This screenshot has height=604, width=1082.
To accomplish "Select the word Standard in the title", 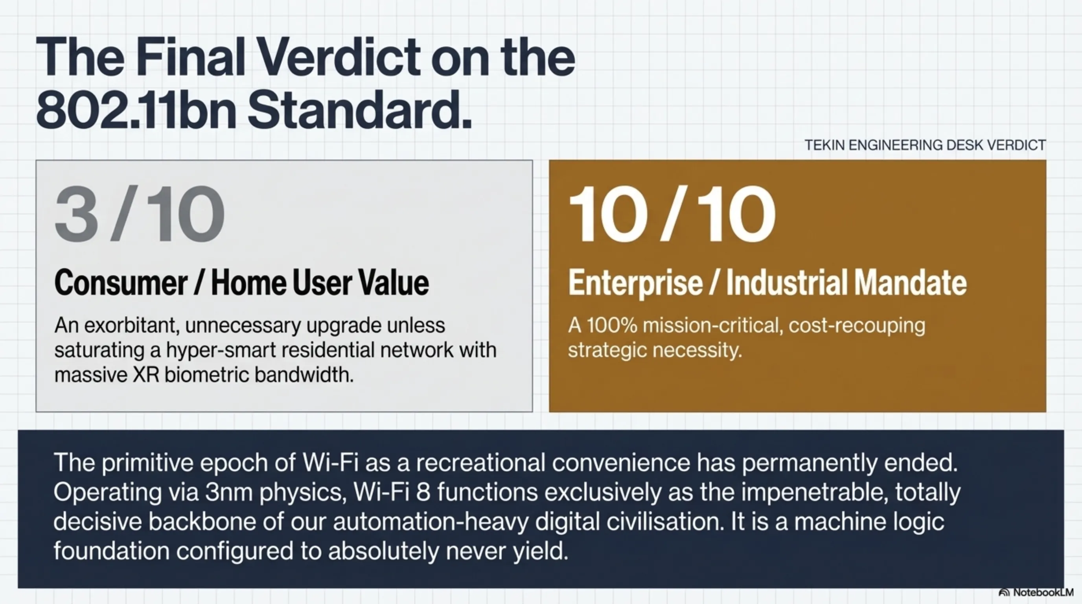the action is (359, 110).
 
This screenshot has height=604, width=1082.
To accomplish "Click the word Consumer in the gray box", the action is (121, 283).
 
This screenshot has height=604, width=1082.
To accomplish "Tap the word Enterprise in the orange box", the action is (635, 283).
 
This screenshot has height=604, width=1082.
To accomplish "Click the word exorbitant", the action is (132, 326).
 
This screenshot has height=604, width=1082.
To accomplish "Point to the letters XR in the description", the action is (146, 375).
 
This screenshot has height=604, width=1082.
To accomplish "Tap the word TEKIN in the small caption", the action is (824, 145).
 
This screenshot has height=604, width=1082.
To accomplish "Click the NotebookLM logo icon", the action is (1004, 593).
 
